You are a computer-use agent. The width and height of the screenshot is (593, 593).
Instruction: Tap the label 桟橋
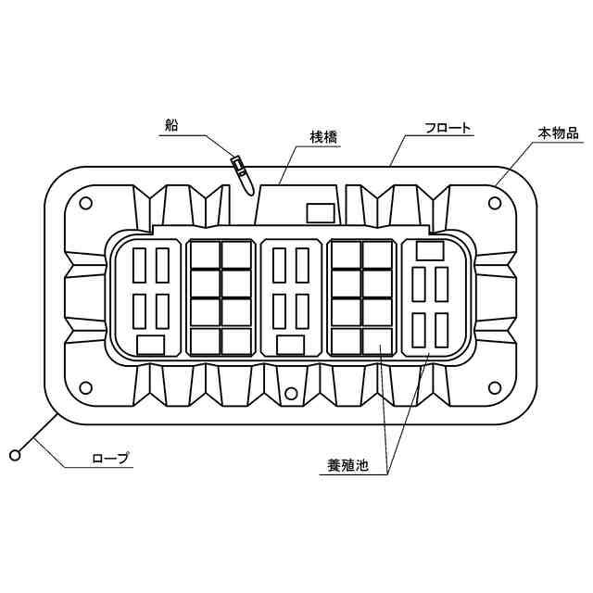(322, 137)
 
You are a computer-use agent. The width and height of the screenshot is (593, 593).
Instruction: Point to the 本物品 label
(558, 133)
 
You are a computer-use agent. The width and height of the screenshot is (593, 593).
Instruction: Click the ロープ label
(110, 458)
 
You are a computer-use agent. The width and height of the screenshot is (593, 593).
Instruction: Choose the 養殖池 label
(348, 466)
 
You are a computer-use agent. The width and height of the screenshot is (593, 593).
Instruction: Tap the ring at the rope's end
(15, 454)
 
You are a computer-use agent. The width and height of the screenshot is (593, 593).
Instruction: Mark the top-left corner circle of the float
(84, 204)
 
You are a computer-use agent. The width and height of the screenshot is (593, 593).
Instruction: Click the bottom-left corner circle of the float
(84, 386)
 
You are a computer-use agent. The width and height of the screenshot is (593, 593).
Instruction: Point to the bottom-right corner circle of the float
(496, 386)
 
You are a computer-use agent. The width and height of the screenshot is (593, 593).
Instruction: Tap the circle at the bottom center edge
(291, 394)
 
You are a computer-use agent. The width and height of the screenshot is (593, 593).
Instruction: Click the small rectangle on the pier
(321, 213)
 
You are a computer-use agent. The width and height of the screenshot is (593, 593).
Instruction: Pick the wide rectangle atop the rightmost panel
(430, 250)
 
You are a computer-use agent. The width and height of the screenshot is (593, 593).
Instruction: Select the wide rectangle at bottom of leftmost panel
(150, 345)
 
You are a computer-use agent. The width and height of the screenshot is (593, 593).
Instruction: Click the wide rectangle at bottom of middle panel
(290, 345)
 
